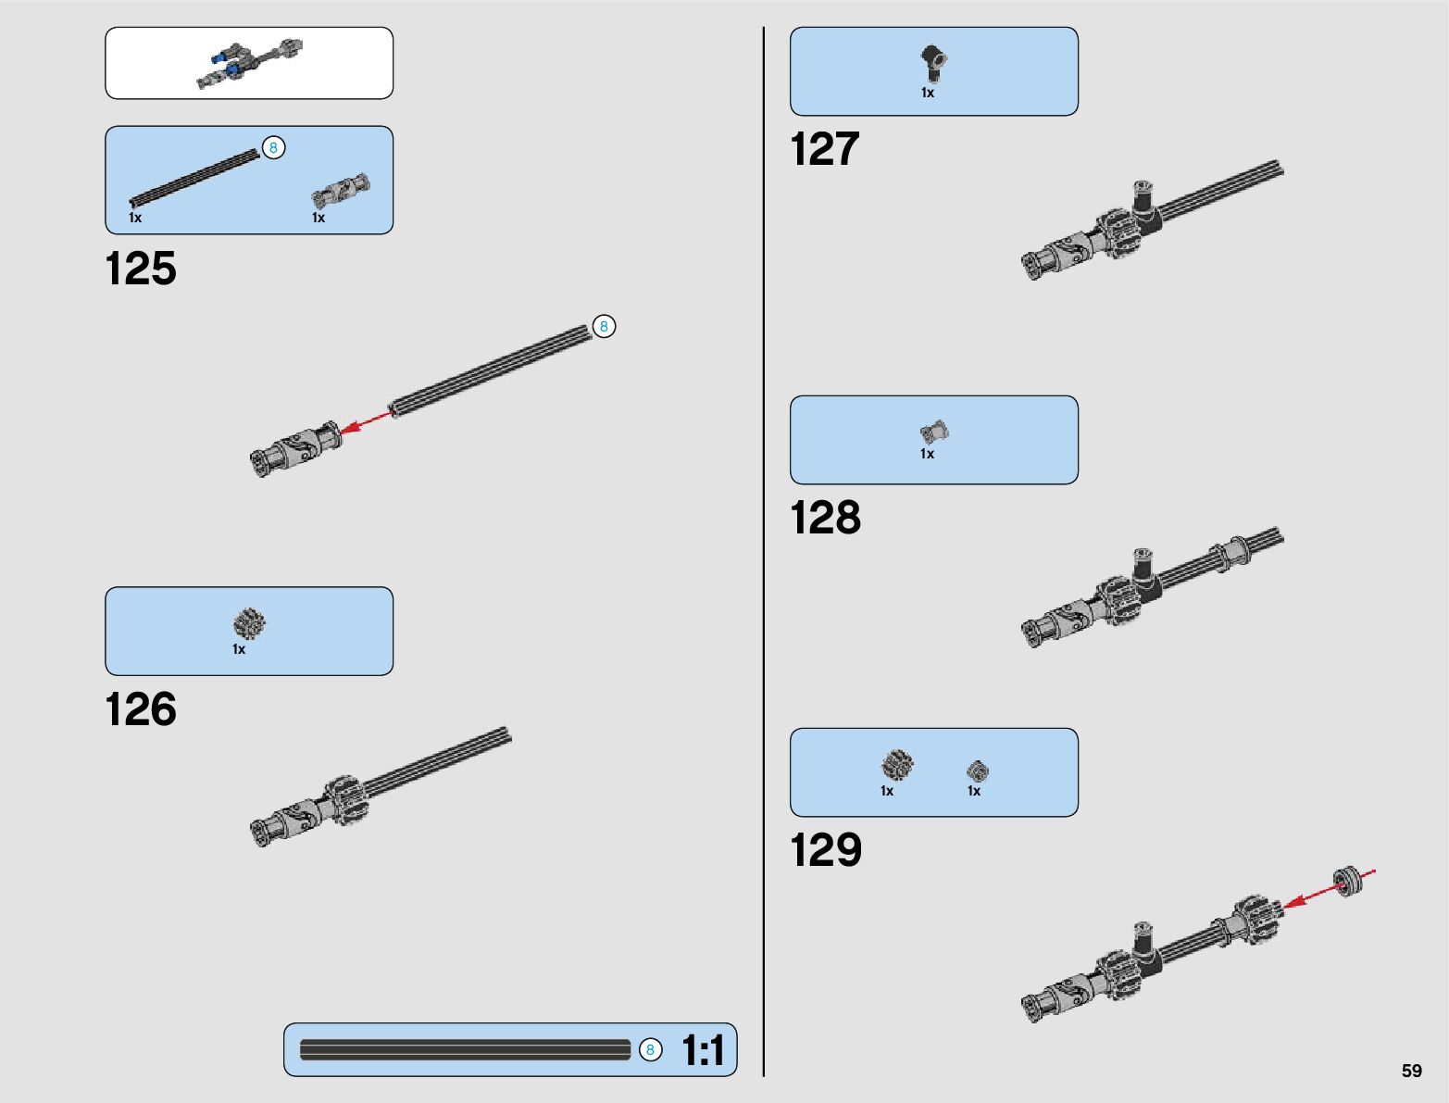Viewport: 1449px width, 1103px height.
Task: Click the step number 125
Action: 141,269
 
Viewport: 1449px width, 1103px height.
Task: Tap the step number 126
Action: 141,709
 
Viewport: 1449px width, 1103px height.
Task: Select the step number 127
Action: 824,149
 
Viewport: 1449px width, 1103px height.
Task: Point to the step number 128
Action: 825,518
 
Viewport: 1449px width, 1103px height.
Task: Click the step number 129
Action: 825,850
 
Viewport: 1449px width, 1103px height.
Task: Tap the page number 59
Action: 1411,1071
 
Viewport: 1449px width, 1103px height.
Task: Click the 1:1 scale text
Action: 703,1051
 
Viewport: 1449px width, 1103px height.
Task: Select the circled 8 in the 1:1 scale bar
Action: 650,1049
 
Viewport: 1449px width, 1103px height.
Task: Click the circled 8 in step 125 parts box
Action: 273,147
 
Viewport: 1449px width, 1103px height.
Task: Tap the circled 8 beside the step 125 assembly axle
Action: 604,326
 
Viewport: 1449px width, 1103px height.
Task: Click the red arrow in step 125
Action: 366,423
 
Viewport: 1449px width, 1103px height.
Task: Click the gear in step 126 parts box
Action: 249,623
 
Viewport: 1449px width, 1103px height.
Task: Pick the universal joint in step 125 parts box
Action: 340,191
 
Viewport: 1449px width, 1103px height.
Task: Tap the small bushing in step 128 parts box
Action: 933,432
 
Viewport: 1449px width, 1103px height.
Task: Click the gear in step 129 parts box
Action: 896,766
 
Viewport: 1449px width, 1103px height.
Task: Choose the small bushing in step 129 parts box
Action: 978,771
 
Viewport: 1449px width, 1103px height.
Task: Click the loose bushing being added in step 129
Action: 1350,878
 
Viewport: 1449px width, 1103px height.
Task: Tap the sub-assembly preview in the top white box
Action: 249,63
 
